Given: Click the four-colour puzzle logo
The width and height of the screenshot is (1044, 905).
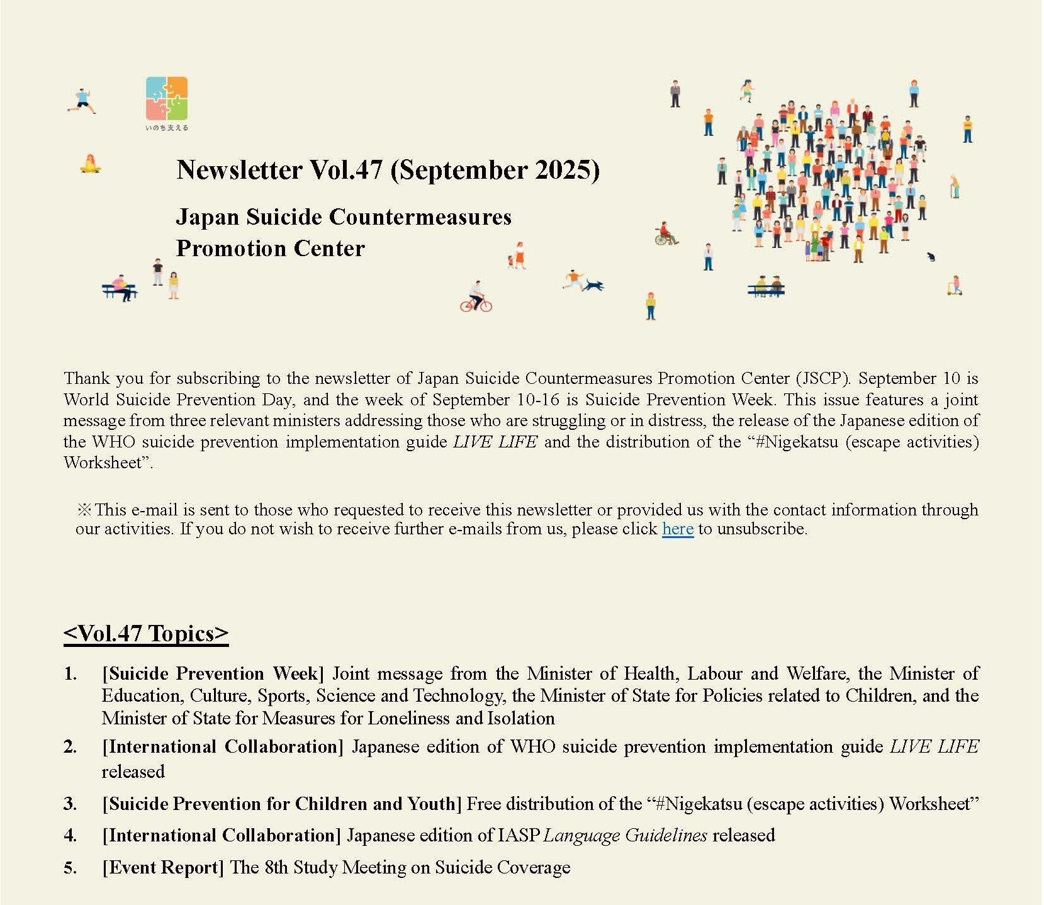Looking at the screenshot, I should tap(167, 99).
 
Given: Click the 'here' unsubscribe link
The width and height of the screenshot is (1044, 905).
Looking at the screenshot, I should tap(677, 529).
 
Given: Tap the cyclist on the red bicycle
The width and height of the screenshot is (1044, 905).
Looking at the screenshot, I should tap(476, 297).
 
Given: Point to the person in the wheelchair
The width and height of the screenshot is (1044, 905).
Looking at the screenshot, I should tap(665, 234).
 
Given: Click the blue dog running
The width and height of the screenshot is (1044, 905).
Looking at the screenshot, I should tap(592, 285).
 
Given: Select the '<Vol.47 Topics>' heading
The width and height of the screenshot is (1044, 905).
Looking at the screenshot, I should tap(146, 633).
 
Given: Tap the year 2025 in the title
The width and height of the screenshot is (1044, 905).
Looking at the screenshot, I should tap(563, 170).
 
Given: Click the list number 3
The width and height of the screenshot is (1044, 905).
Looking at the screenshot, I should tap(70, 804).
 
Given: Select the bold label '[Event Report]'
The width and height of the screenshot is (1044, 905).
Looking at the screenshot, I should tap(163, 867).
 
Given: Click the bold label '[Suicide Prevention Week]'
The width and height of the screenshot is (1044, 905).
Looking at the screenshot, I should tap(213, 673).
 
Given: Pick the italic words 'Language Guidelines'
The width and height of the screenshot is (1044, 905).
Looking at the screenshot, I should tap(625, 835).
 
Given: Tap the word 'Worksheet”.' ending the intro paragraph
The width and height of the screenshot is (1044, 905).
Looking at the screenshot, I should tap(108, 463).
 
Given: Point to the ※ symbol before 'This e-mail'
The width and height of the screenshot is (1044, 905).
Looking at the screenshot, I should tap(84, 510).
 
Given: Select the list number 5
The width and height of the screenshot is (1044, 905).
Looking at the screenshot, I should tap(70, 867).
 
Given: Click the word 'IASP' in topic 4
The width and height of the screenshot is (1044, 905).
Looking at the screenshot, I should tap(519, 835).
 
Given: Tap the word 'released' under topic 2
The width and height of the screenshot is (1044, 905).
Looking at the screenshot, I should tap(133, 772).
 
